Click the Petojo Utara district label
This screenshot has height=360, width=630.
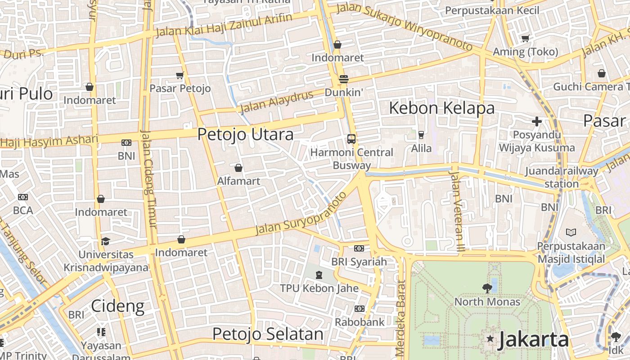(x=245, y=134)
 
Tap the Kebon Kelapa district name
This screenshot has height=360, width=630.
(x=441, y=108)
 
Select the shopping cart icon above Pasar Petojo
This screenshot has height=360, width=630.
(x=180, y=75)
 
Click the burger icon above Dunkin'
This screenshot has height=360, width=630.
(x=344, y=79)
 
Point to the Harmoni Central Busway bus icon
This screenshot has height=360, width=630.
(x=351, y=139)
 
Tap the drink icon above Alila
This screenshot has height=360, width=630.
(x=421, y=135)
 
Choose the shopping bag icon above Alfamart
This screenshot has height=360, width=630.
(x=238, y=168)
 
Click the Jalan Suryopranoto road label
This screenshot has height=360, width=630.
(x=301, y=214)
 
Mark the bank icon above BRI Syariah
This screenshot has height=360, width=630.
(x=359, y=248)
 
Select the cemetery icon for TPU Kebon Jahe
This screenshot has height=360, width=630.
(x=319, y=274)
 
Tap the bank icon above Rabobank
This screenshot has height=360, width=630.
(x=359, y=308)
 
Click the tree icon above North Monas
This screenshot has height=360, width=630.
(x=487, y=288)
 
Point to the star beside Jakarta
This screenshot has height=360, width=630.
(x=490, y=338)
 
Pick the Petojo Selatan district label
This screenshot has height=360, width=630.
(x=268, y=334)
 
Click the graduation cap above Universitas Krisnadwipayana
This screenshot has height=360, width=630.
(x=105, y=241)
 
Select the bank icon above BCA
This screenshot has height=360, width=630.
(x=23, y=197)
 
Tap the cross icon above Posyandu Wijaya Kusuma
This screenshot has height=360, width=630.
(x=536, y=121)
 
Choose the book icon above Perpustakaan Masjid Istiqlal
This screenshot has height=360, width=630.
(x=571, y=233)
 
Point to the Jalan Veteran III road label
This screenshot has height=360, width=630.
(x=457, y=205)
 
